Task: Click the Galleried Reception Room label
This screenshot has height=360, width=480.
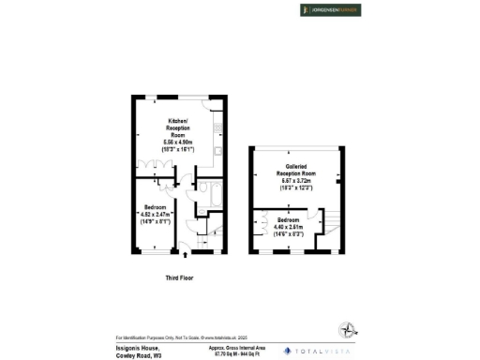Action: pos(293,170)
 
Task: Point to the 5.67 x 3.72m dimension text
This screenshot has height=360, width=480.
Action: pos(293,185)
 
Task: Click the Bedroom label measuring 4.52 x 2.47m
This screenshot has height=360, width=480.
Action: pos(156,207)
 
